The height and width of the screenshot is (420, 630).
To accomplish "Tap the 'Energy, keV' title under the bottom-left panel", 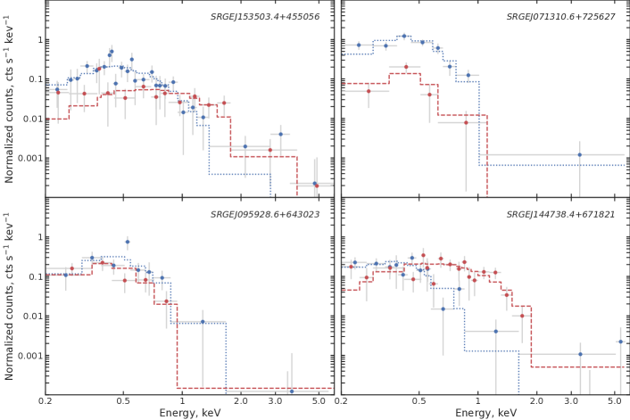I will coord(189,413).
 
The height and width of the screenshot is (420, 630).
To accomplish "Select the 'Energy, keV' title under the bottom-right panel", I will coord(485,413).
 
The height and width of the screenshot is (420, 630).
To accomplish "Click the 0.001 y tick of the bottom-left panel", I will coord(26,356).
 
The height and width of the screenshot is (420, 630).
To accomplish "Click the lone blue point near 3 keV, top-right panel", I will coord(579,155).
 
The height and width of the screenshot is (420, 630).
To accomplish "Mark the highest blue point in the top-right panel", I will coord(404,36).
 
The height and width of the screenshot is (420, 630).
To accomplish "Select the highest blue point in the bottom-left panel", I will coord(127,242).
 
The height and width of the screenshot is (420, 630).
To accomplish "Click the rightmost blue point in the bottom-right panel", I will coord(620,342).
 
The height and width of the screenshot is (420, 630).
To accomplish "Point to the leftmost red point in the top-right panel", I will coord(369,91).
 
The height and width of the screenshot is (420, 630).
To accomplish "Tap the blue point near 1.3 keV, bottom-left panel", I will coord(203,322).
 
